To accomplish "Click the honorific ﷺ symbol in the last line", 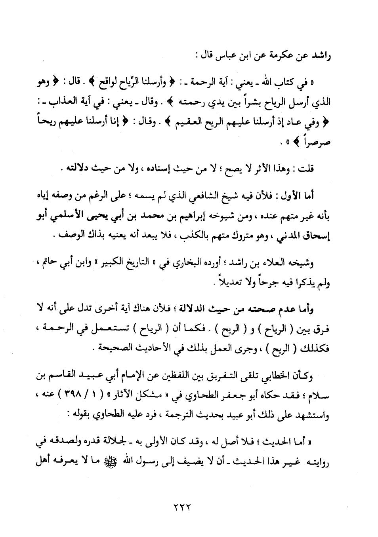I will [108, 462].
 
